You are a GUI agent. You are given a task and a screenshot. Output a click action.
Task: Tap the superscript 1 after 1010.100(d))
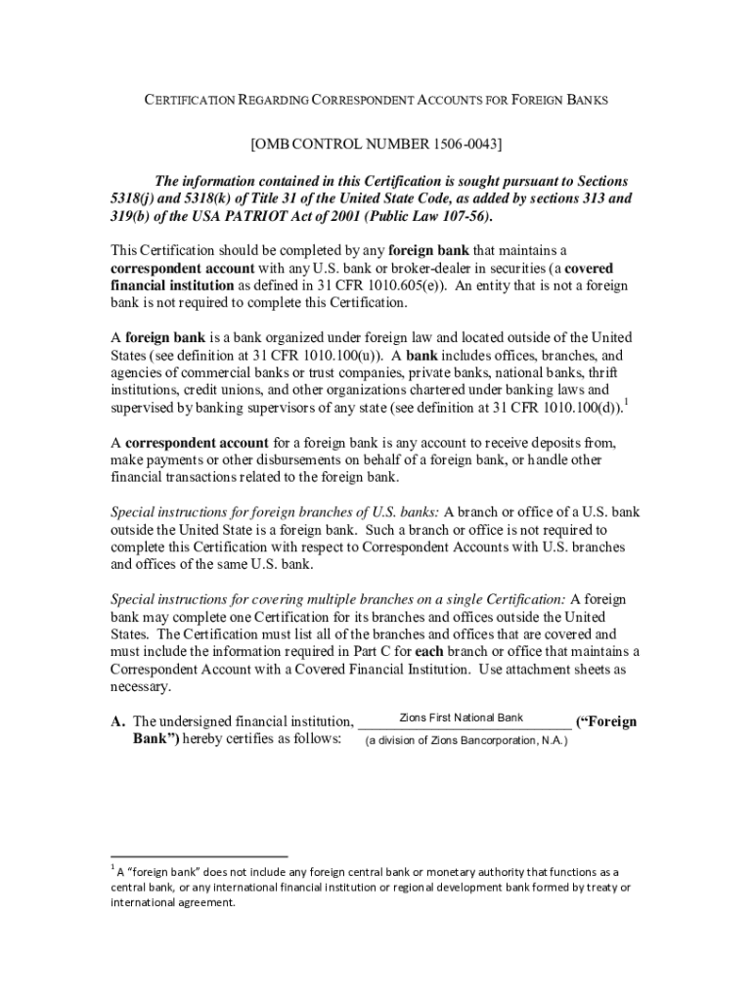click(626, 401)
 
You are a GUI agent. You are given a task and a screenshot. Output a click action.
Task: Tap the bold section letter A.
click(117, 722)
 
